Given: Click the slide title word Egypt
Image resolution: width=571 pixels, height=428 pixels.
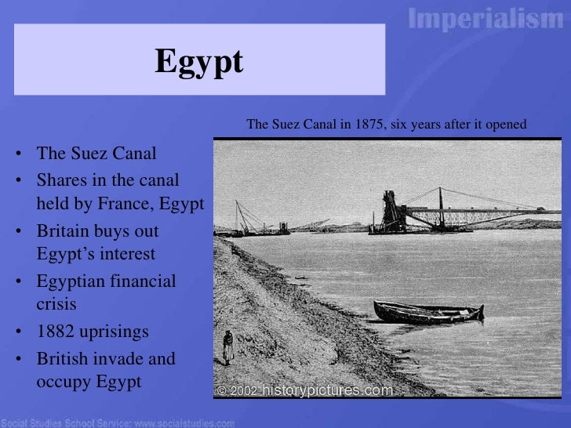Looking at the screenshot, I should (x=199, y=62).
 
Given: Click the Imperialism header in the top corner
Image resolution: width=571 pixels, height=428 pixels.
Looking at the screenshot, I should (x=486, y=19).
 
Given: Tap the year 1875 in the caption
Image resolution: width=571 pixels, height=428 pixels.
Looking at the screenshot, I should (x=356, y=124).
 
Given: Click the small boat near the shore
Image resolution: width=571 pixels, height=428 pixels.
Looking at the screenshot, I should (x=428, y=312).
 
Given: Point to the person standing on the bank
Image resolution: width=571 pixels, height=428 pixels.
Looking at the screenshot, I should (x=227, y=346).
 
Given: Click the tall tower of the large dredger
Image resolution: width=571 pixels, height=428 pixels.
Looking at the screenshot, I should (x=390, y=209).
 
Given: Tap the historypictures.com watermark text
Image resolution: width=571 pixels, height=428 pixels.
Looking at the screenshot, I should (x=327, y=390).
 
